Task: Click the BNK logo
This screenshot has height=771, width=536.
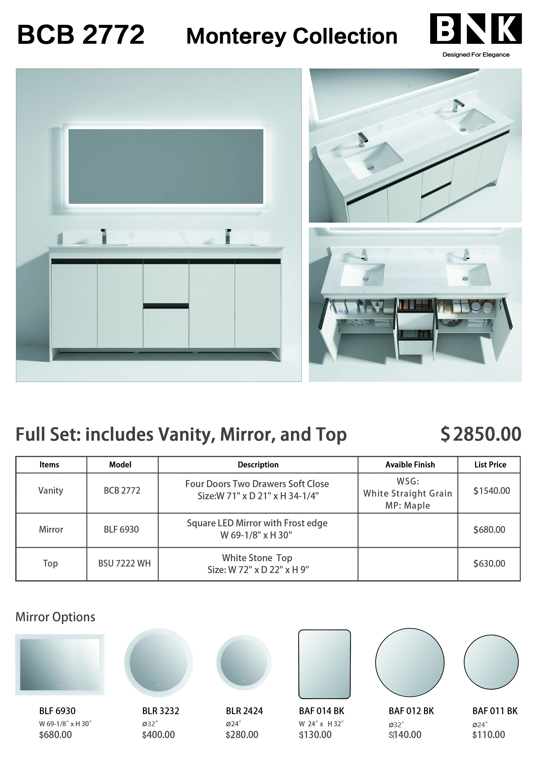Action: tap(475, 29)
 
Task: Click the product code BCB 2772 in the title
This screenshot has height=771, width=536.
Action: tap(81, 35)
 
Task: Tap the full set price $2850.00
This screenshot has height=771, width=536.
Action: tap(481, 434)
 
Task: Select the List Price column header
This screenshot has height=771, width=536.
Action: tap(490, 465)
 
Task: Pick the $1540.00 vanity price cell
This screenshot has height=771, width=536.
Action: tap(491, 491)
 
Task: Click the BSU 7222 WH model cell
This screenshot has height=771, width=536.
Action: tap(124, 563)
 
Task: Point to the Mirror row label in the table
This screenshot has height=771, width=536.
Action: tap(51, 529)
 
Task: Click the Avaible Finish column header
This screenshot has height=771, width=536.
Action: tap(410, 465)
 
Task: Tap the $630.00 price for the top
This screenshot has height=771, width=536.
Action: tap(489, 563)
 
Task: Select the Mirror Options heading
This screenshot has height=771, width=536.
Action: tap(55, 617)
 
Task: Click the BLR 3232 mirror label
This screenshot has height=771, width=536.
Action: tap(160, 711)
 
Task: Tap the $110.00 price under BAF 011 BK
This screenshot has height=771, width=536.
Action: tap(488, 735)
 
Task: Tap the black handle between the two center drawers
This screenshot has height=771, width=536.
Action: tap(166, 306)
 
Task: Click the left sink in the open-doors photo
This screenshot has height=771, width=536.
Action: tap(363, 274)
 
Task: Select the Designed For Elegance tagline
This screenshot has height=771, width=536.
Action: tap(476, 55)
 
